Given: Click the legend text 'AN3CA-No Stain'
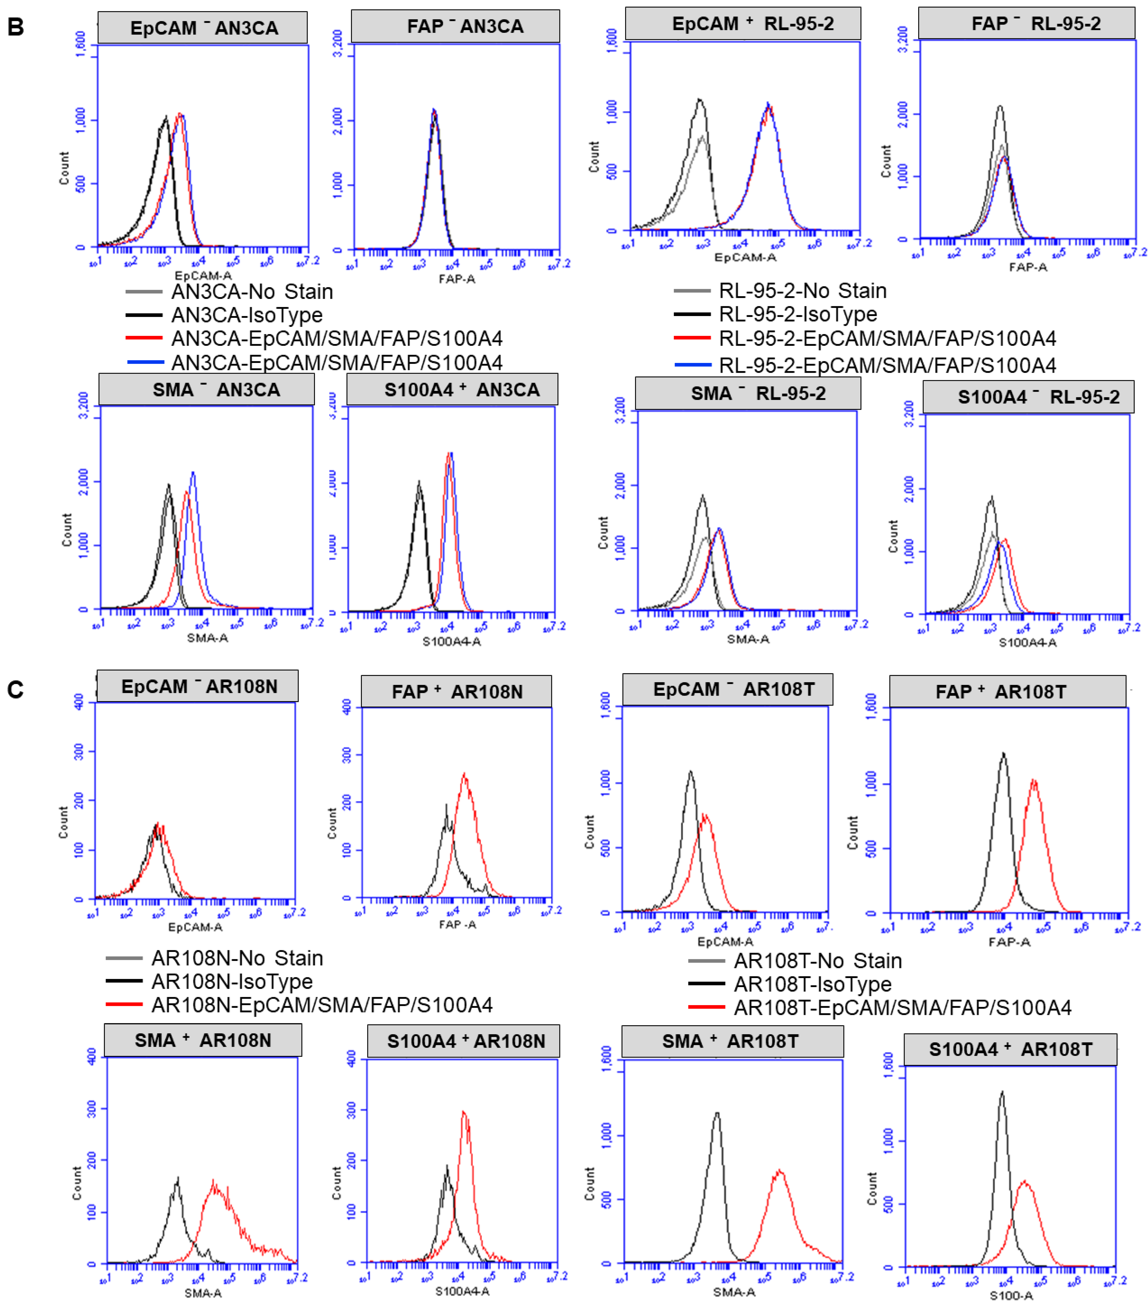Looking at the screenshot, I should pyautogui.click(x=252, y=292).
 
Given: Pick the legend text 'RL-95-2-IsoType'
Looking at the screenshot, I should pyautogui.click(x=798, y=314).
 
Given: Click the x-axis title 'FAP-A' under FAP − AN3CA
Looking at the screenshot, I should pyautogui.click(x=456, y=279).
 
